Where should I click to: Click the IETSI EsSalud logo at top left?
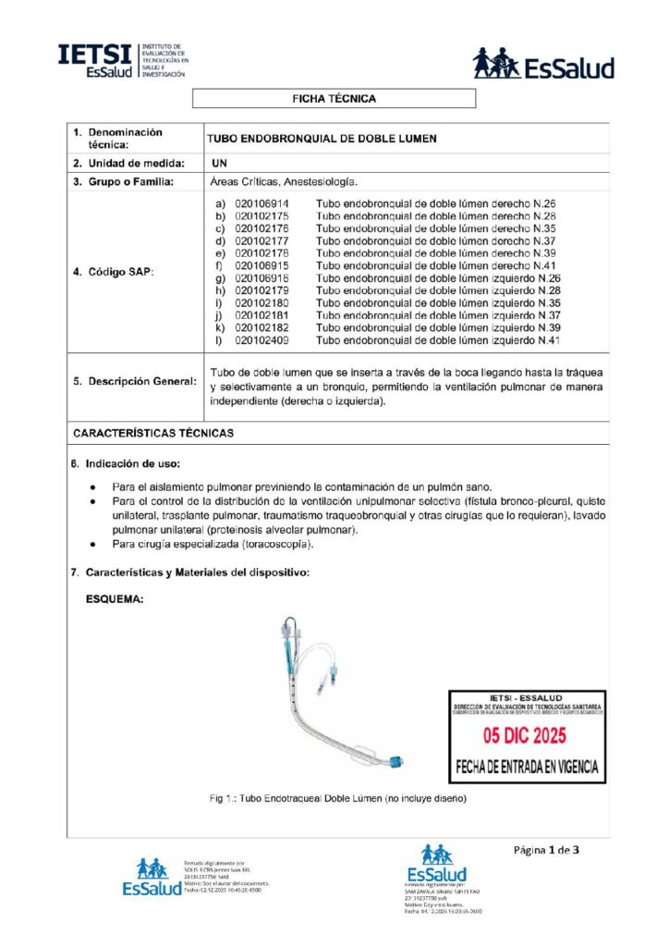click(x=121, y=61)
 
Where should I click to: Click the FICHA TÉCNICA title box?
click(x=334, y=98)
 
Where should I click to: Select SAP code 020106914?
click(x=262, y=203)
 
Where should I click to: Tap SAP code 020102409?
click(x=262, y=340)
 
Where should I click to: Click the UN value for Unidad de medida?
click(x=219, y=163)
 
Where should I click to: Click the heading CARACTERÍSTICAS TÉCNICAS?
click(x=153, y=433)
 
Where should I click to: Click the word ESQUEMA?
click(x=115, y=599)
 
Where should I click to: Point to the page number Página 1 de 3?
click(x=548, y=849)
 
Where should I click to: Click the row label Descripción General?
click(x=135, y=382)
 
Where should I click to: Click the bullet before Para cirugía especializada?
click(x=91, y=545)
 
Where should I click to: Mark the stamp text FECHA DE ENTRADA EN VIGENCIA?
click(x=527, y=767)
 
